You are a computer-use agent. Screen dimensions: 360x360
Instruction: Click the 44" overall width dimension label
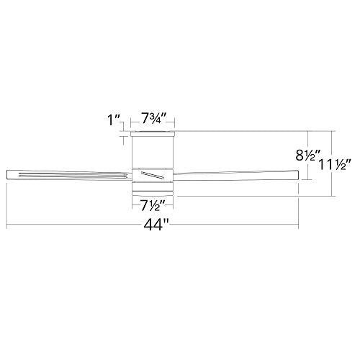click(157, 225)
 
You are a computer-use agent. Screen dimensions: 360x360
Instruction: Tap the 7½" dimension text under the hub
click(153, 205)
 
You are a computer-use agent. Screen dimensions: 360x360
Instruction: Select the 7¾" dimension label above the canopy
click(154, 119)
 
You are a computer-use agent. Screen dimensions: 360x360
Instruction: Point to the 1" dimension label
click(114, 120)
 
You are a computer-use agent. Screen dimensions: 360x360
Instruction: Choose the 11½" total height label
click(335, 165)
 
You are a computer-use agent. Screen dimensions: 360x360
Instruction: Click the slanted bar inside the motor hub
click(153, 175)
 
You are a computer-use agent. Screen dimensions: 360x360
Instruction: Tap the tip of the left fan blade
click(6, 174)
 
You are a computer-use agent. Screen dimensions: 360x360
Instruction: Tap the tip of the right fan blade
click(297, 175)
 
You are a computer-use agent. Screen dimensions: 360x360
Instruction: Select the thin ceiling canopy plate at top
click(152, 134)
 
